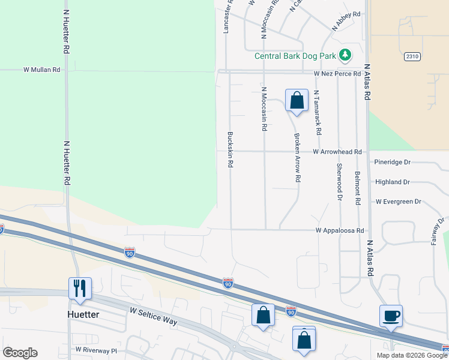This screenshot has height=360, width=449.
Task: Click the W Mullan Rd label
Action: [42, 70]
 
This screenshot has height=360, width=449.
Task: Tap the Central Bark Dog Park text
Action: [295, 56]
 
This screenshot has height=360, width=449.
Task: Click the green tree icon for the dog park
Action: [345, 56]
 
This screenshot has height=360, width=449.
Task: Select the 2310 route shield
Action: [411, 56]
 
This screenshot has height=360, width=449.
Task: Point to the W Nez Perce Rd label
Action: [337, 73]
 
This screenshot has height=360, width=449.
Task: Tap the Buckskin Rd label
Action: [230, 149]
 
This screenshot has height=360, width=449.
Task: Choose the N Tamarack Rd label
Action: [317, 113]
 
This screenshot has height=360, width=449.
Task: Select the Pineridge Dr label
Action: [391, 162]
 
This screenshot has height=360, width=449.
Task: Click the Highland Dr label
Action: [392, 182]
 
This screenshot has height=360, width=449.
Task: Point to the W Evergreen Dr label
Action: [398, 202]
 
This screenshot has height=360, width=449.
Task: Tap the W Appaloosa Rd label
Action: [340, 230]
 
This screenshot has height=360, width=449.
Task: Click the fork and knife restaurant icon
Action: [80, 288]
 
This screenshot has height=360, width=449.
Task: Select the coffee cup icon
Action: [391, 316]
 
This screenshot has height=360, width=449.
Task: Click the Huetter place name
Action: [83, 314]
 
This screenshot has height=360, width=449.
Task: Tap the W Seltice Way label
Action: [154, 316]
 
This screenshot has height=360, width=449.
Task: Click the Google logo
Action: [20, 353]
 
